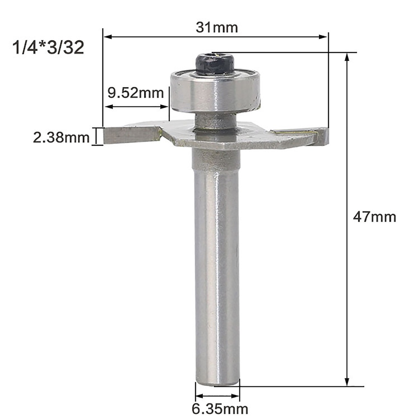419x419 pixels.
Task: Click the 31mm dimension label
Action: click(216, 28)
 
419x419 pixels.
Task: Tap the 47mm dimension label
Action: click(374, 217)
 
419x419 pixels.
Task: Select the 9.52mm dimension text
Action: click(135, 93)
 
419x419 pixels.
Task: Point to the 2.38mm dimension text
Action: click(61, 137)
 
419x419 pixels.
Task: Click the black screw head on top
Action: click(214, 64)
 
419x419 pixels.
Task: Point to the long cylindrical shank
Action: click(217, 266)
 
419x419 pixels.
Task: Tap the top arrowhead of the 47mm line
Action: click(347, 57)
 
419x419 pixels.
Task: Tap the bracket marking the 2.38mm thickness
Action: click(97, 136)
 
